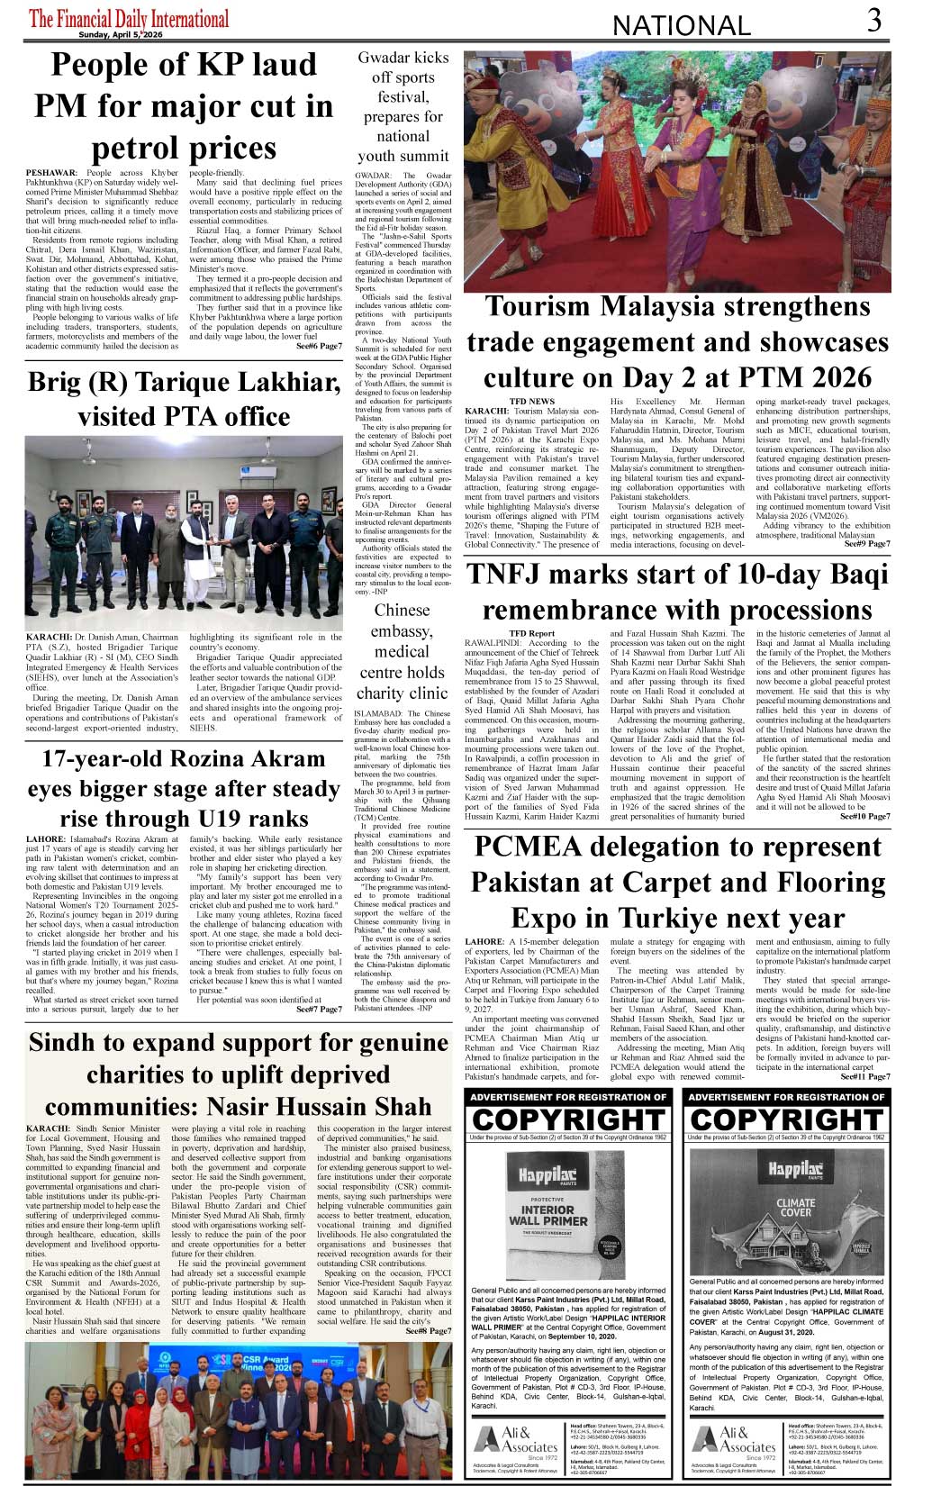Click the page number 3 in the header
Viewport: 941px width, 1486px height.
[x=874, y=20]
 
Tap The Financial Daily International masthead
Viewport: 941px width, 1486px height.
[x=129, y=19]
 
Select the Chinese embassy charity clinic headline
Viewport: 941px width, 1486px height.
[x=402, y=651]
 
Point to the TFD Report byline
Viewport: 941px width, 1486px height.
[x=531, y=633]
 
